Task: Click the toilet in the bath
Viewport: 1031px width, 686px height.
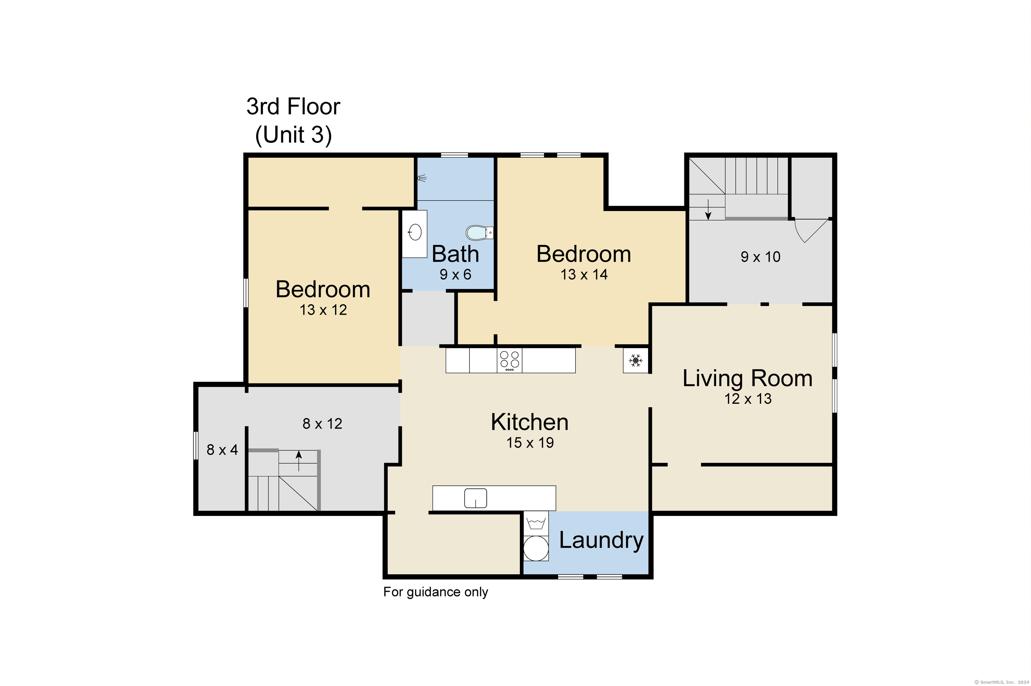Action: (479, 232)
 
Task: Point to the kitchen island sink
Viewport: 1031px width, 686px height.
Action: (475, 498)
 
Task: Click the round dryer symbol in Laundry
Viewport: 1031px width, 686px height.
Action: (536, 548)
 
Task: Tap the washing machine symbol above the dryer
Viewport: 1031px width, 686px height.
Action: (536, 523)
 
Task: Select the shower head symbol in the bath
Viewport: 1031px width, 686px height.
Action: (422, 178)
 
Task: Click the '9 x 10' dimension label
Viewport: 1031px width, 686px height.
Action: (760, 257)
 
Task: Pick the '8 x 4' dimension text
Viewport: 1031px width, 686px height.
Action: (222, 450)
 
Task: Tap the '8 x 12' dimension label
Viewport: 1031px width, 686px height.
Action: (323, 423)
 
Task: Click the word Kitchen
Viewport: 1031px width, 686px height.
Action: (530, 422)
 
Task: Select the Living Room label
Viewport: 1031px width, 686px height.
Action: (747, 378)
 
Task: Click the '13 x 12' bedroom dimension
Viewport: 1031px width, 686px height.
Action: (324, 310)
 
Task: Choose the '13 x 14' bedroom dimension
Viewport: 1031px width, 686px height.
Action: (584, 274)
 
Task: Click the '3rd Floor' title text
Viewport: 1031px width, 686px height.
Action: (293, 106)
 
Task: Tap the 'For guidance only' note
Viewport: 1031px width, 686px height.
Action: (435, 592)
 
